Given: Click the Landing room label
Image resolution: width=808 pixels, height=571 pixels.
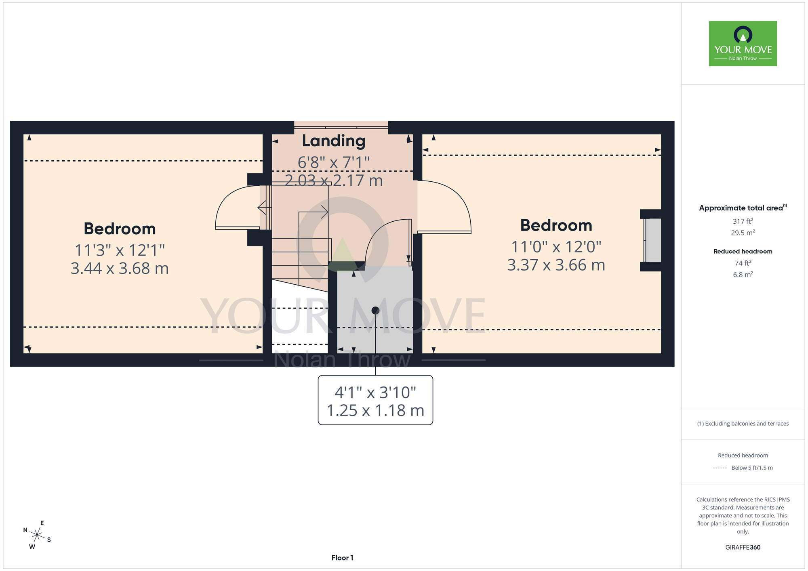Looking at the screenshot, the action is point(334,141).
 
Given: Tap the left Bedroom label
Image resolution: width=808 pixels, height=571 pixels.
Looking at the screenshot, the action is point(120,229).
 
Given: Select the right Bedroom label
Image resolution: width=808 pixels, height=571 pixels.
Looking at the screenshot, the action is point(556,225).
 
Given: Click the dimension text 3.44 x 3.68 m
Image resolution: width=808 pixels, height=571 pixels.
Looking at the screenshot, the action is point(120,269).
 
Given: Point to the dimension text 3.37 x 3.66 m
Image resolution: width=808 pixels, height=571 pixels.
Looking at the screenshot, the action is point(556,265).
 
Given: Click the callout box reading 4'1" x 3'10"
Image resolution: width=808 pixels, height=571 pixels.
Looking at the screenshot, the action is point(375,400).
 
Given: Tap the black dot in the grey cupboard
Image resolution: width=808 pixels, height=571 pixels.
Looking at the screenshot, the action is point(375,311).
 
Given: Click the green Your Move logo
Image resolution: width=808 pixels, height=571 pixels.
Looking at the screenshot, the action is point(743,44).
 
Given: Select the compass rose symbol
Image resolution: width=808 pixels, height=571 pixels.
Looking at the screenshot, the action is point(37,535).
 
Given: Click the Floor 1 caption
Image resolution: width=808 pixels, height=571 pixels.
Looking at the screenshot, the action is point(342,558).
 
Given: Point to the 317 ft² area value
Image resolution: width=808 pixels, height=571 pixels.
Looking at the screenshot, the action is point(743,221).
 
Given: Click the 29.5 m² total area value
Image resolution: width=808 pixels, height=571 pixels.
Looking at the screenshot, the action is point(743,233).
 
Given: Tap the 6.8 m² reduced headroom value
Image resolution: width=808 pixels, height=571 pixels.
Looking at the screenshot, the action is point(743,275).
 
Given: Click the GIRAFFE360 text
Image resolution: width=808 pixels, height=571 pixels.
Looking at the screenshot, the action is point(743,548).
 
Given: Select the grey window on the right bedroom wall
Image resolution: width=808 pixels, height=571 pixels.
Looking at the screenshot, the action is point(652,240).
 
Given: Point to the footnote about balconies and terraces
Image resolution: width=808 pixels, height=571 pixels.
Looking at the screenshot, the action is point(743,424).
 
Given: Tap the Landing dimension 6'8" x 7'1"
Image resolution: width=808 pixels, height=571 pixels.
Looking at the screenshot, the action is point(334,163).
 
